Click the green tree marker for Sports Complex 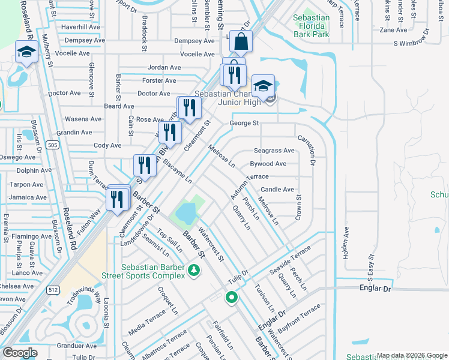194,271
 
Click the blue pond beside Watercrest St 185,212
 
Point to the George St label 244,123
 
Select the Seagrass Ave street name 274,151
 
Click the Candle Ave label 277,190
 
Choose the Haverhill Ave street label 80,27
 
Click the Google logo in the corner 20,352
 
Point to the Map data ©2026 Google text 411,355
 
